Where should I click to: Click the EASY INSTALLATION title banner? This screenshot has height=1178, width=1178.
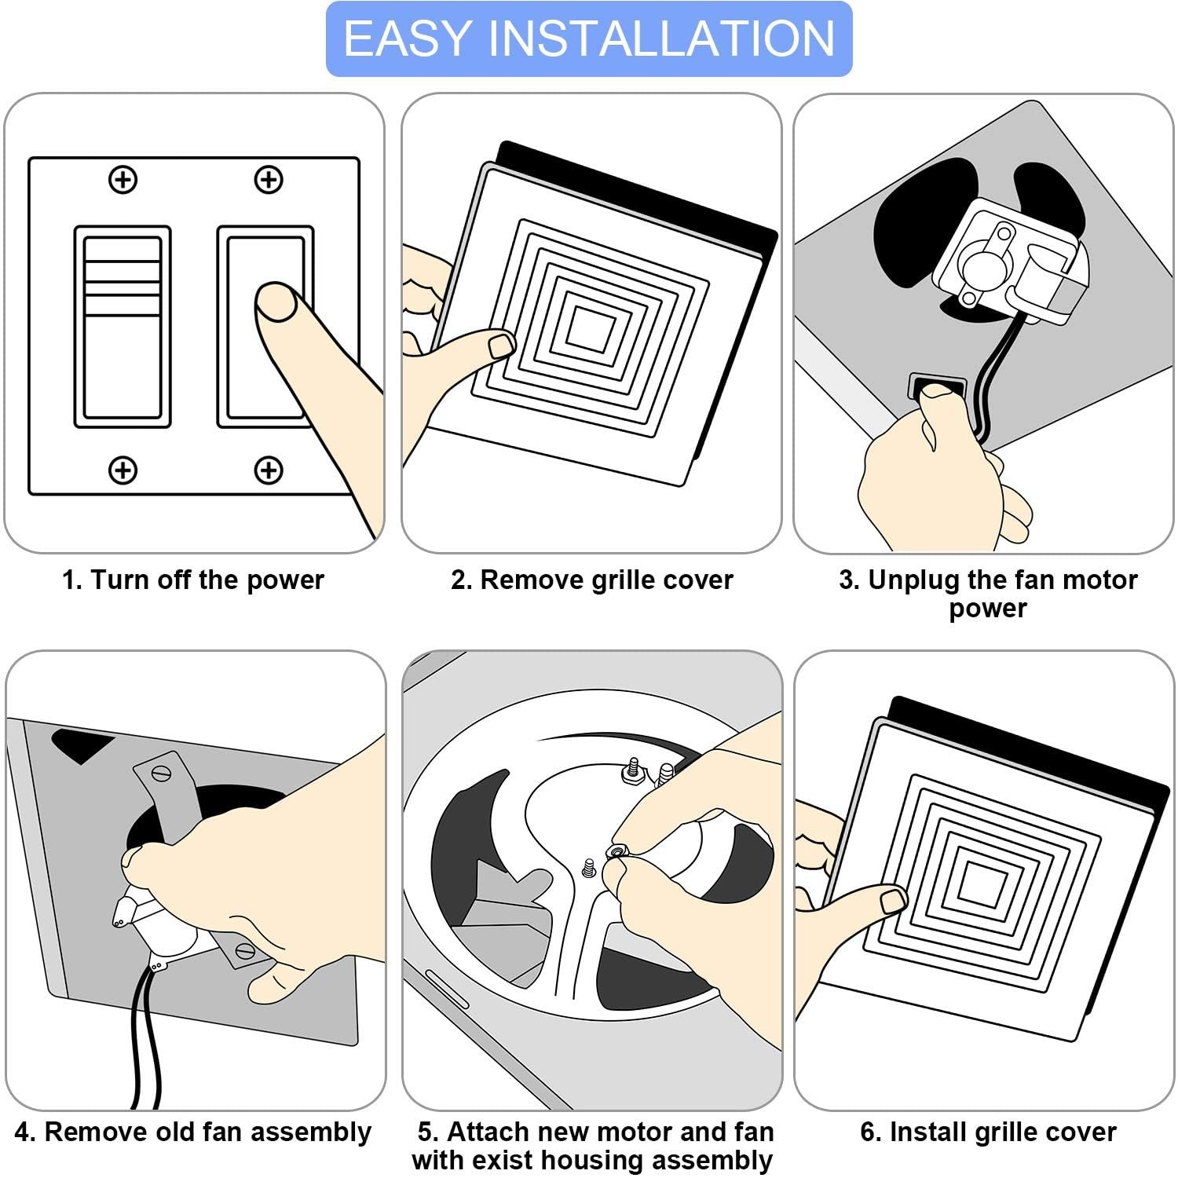589,39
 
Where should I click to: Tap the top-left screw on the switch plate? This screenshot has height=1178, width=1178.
123,180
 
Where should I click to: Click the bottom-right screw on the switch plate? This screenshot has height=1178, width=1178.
269,470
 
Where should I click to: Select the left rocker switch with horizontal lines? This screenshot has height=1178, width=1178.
123,327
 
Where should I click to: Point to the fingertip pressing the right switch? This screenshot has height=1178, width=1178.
276,302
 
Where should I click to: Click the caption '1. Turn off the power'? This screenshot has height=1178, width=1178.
193,580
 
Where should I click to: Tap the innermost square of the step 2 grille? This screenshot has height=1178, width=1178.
591,327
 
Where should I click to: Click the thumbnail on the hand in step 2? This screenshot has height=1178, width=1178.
501,345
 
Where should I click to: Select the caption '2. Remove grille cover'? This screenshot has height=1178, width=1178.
591,580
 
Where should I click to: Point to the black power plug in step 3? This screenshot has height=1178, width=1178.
936,386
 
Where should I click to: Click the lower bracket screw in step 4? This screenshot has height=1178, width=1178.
245,951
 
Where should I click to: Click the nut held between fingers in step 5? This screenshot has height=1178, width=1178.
616,851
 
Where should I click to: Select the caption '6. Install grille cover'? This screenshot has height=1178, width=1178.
988,1132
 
